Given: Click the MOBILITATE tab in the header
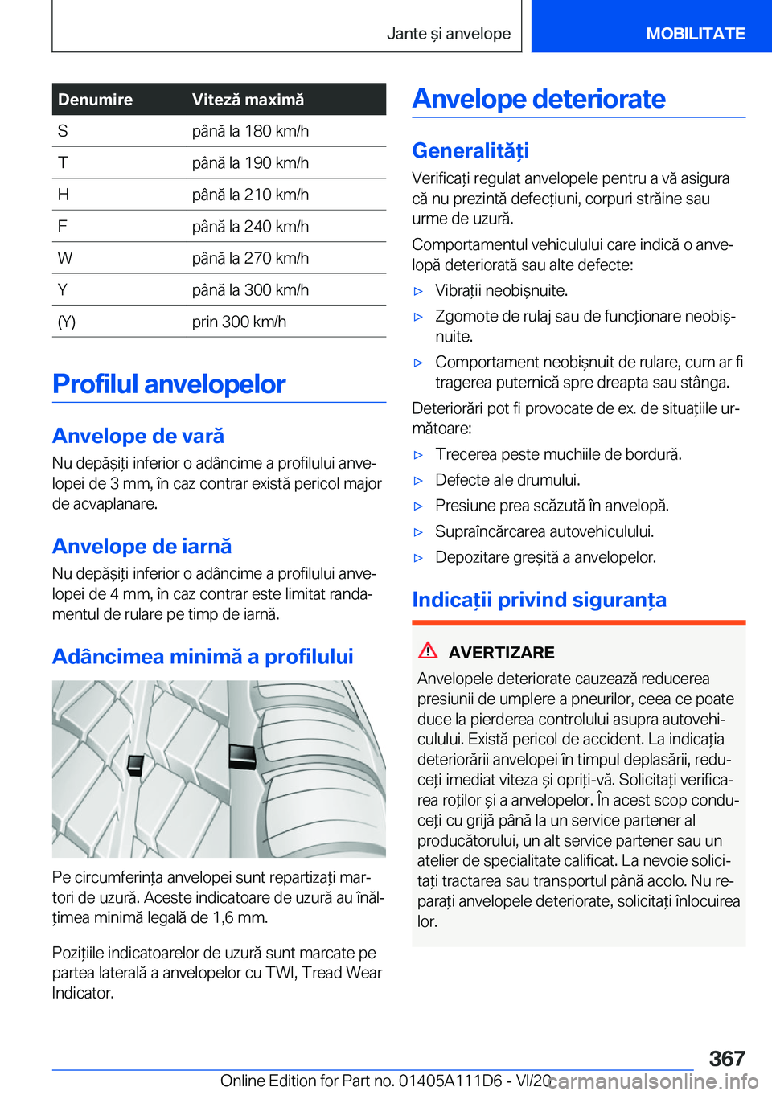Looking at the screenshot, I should tap(695, 34).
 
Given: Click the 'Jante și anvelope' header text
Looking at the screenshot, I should tap(448, 34).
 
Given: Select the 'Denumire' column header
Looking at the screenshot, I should tap(95, 100).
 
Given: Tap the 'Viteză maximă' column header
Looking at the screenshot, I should tap(248, 100).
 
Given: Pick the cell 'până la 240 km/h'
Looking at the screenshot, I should tap(250, 227).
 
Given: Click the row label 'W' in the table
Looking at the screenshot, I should tap(65, 258).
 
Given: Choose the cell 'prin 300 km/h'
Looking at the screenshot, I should tap(239, 322).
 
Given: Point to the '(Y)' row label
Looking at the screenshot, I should tap(67, 322).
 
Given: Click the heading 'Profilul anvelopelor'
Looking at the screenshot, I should tap(169, 384).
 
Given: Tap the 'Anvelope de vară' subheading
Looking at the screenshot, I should tap(138, 436).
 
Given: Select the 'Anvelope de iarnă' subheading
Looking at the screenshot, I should tap(142, 547).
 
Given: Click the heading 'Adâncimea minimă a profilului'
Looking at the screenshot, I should tap(203, 657).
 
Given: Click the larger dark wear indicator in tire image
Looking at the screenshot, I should tap(242, 757).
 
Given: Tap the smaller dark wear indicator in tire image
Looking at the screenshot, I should tap(135, 765).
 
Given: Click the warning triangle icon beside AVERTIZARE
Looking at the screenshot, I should tap(428, 651).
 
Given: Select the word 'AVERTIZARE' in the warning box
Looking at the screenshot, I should tap(501, 653).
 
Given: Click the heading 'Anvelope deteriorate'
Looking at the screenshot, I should tap(539, 99).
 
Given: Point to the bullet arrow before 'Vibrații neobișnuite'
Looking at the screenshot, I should tap(418, 291).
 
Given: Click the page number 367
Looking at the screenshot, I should tap(726, 1058).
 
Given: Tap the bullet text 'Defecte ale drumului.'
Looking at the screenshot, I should tap(507, 480).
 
